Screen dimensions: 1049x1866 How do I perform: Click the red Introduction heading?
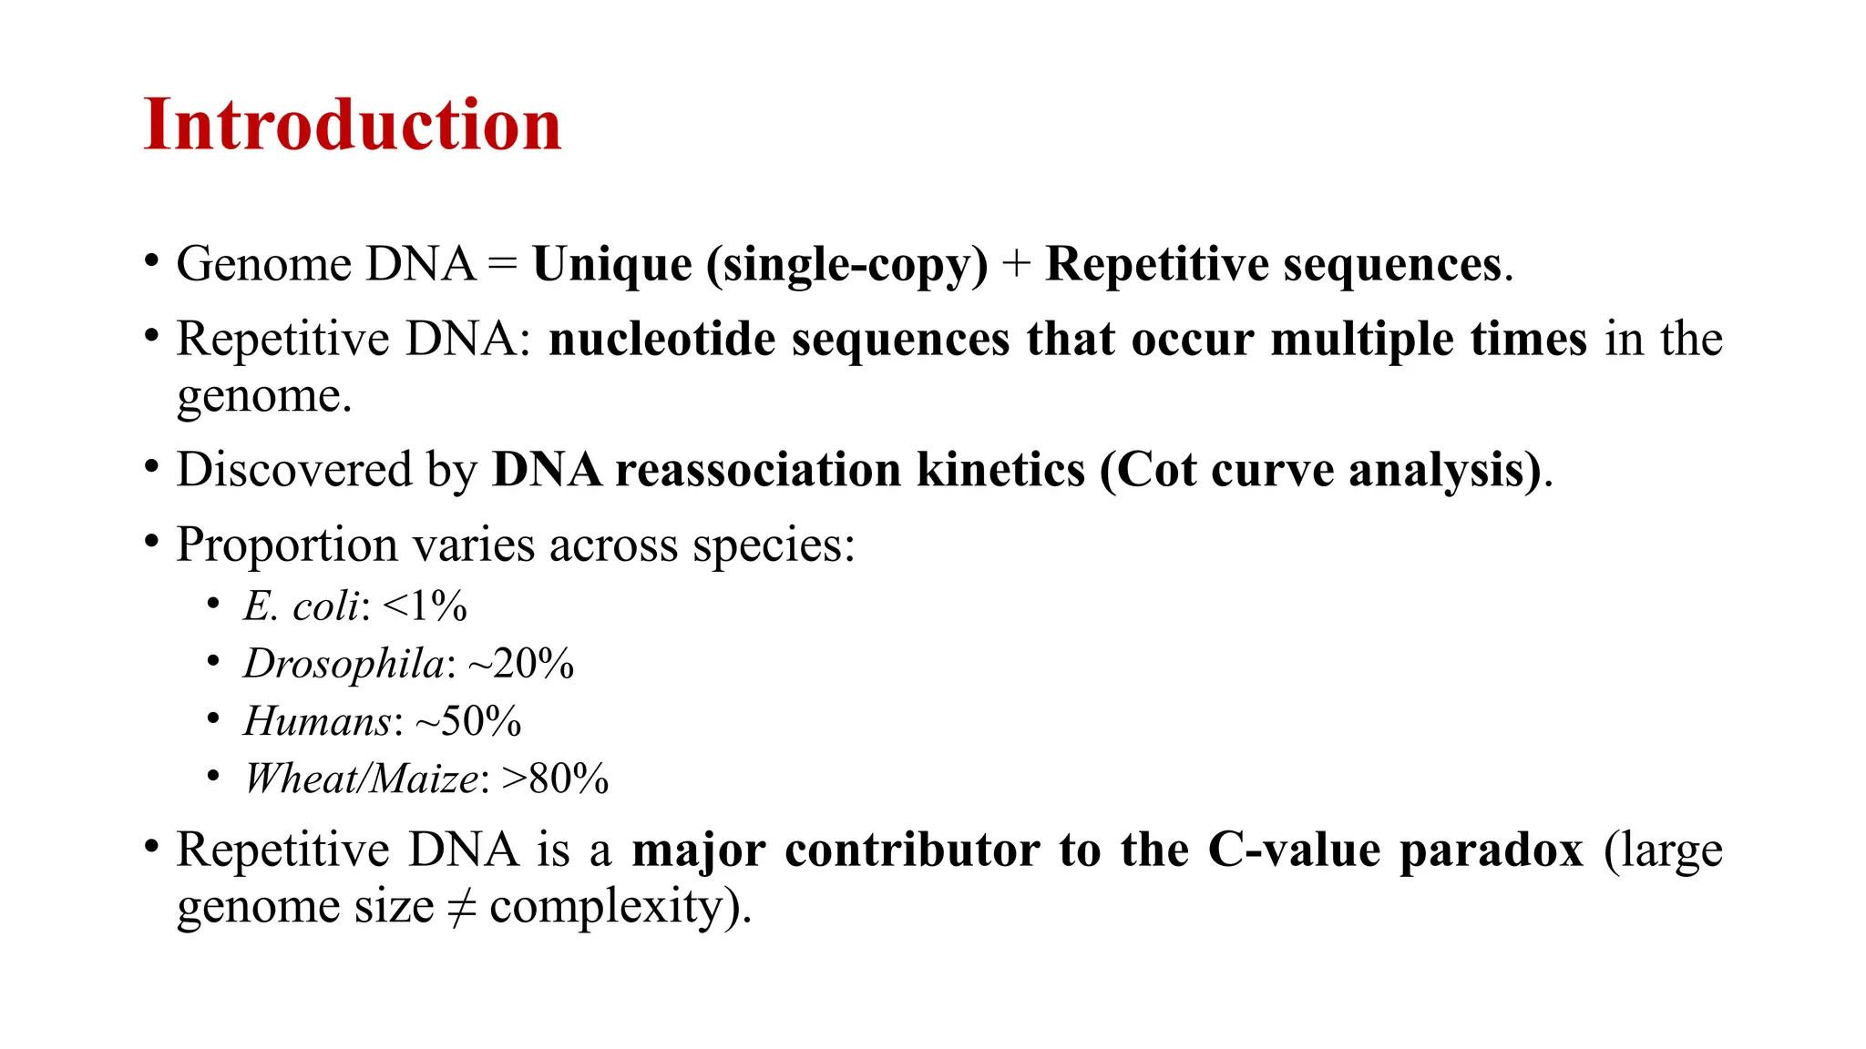click(x=353, y=125)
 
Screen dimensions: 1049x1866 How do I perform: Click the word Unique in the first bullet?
click(x=612, y=265)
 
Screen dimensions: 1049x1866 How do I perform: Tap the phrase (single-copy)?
click(x=847, y=265)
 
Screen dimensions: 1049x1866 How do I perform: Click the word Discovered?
click(x=294, y=471)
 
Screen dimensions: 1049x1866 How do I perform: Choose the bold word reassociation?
click(x=758, y=471)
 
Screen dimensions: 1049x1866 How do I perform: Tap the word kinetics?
click(x=1000, y=471)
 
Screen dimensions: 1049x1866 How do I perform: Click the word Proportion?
click(x=286, y=545)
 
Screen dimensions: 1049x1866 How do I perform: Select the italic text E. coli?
click(x=301, y=606)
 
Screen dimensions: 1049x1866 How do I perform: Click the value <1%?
click(x=425, y=606)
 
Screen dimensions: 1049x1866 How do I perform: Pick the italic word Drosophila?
click(x=344, y=664)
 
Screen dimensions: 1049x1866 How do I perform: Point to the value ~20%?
click(x=521, y=664)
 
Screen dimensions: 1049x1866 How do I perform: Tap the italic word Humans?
click(x=317, y=721)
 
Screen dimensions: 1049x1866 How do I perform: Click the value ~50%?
click(x=468, y=721)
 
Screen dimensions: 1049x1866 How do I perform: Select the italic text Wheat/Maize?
click(x=361, y=779)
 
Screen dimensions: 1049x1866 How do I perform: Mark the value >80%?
click(x=555, y=779)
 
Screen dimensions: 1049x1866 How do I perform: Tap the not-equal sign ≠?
click(x=462, y=907)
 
